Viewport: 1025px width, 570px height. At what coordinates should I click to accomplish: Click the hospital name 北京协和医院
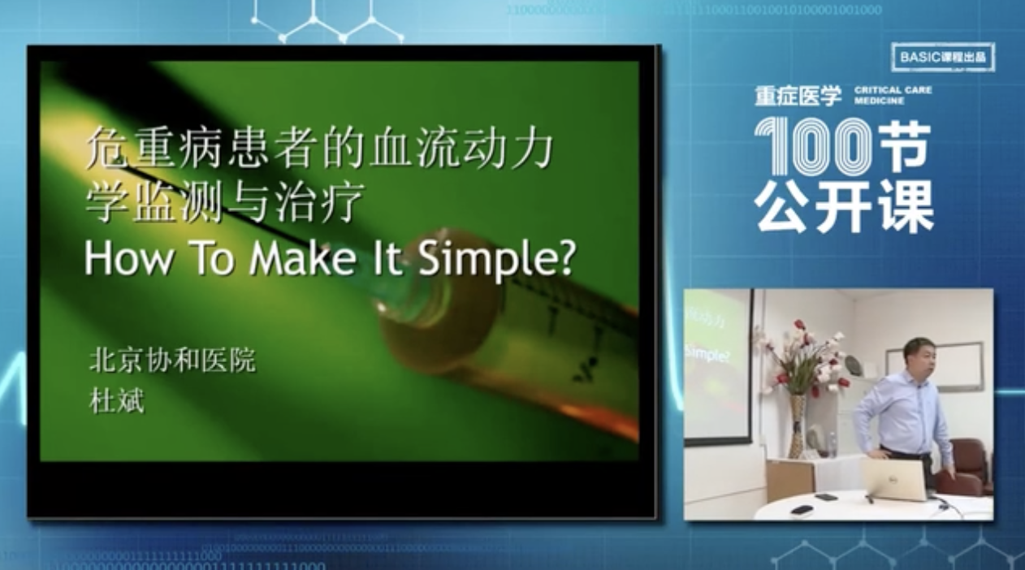coord(171,360)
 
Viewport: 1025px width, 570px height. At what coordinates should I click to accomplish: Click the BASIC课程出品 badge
coord(942,58)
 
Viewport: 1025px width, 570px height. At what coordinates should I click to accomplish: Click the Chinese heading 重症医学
coord(798,96)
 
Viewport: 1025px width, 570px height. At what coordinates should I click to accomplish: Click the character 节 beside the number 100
coord(907,146)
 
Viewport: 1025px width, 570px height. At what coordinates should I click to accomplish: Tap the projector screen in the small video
coord(716,365)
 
